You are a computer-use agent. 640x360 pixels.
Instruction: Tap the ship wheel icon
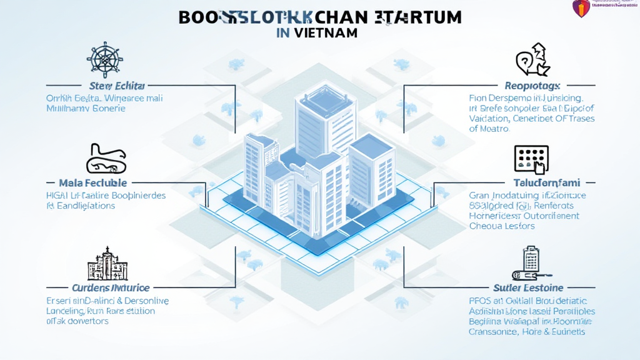click(x=104, y=60)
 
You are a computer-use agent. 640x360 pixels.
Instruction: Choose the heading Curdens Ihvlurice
click(x=110, y=287)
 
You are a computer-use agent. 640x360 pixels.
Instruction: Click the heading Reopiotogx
click(x=532, y=85)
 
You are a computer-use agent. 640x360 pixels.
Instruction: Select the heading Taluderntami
click(x=538, y=183)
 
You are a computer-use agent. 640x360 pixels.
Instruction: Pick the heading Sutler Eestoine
click(x=528, y=287)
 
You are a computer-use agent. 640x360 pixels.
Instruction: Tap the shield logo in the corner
click(x=581, y=8)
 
